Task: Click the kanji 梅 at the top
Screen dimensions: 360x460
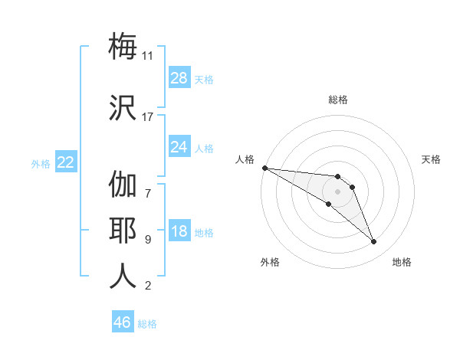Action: point(123,46)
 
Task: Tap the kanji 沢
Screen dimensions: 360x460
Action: point(123,107)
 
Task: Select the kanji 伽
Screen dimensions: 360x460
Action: point(123,185)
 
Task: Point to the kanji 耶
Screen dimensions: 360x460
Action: point(123,230)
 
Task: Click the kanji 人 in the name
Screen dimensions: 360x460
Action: point(123,276)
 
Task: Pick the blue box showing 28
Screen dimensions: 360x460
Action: point(179,77)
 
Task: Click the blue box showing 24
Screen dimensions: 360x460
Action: point(179,146)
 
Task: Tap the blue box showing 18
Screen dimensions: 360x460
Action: point(179,231)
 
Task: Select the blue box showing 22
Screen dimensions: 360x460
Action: point(65,162)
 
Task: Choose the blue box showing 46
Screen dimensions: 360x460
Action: point(123,322)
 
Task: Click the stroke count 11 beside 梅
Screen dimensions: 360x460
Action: point(148,56)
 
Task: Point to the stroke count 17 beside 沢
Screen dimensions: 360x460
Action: point(148,116)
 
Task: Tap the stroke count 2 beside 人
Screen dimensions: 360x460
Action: point(147,286)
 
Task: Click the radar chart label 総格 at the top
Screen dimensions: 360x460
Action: point(338,100)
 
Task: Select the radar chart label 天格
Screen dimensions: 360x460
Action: point(432,159)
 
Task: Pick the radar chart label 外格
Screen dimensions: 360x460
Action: point(270,262)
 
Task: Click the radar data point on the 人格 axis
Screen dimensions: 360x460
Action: point(264,168)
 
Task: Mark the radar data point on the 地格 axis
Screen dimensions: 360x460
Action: point(374,242)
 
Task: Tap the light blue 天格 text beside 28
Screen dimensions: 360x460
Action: point(204,79)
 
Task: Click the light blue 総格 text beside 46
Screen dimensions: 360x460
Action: point(147,323)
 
